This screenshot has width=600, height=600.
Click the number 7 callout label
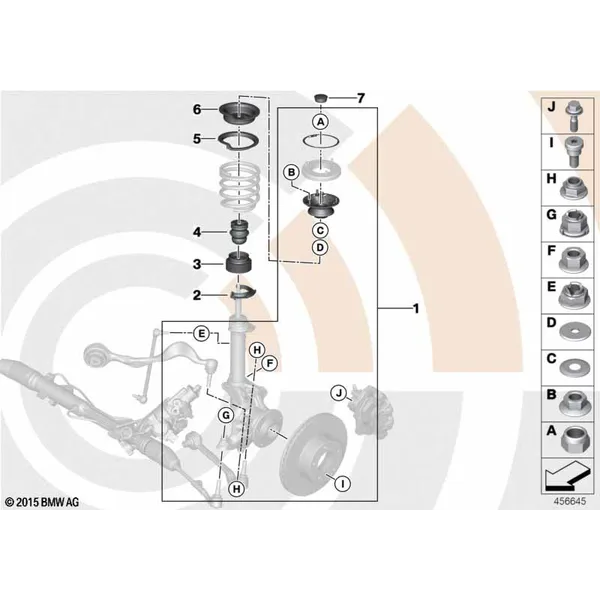(360, 98)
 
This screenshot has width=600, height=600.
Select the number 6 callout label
(197, 109)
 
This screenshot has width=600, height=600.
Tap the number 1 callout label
(416, 308)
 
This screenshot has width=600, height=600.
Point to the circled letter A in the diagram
(320, 122)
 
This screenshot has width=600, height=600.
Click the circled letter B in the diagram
(292, 173)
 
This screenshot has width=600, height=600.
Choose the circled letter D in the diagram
(320, 248)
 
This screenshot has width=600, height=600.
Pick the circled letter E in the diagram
(201, 334)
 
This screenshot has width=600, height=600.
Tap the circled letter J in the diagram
(339, 393)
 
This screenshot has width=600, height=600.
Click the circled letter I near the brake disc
(343, 484)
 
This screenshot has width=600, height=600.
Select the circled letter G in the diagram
(226, 415)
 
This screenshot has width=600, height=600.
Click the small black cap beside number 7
(321, 98)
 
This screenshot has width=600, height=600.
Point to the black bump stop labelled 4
(239, 232)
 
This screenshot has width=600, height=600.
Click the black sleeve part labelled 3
(238, 262)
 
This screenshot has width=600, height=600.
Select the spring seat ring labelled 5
(238, 141)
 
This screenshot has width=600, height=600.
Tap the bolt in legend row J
(573, 116)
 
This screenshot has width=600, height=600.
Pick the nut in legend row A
(573, 440)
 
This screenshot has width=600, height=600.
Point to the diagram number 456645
(569, 501)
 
